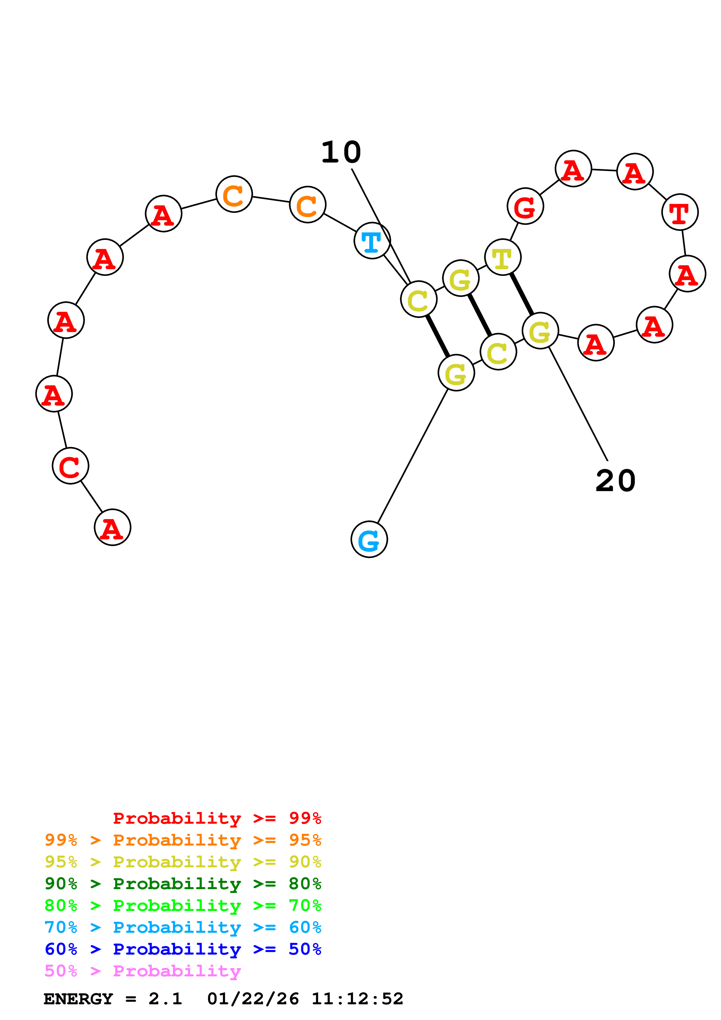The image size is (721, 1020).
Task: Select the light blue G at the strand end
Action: (x=369, y=539)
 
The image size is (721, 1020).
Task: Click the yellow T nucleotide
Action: (x=503, y=257)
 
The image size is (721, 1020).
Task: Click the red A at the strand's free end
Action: (x=112, y=527)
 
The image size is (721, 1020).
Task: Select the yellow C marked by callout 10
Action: (x=419, y=299)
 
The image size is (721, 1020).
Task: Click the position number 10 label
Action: (x=341, y=152)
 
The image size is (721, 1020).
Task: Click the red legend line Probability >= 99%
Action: (x=217, y=818)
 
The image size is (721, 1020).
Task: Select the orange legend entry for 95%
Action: (x=183, y=840)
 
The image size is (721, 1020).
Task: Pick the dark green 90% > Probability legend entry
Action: (x=183, y=884)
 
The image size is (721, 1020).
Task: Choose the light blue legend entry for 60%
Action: (x=183, y=927)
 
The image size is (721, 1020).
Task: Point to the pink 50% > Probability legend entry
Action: (x=142, y=971)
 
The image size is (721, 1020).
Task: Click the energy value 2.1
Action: (x=165, y=999)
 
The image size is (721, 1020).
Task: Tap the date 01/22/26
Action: (x=253, y=999)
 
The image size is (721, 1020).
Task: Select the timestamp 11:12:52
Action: (x=357, y=999)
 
